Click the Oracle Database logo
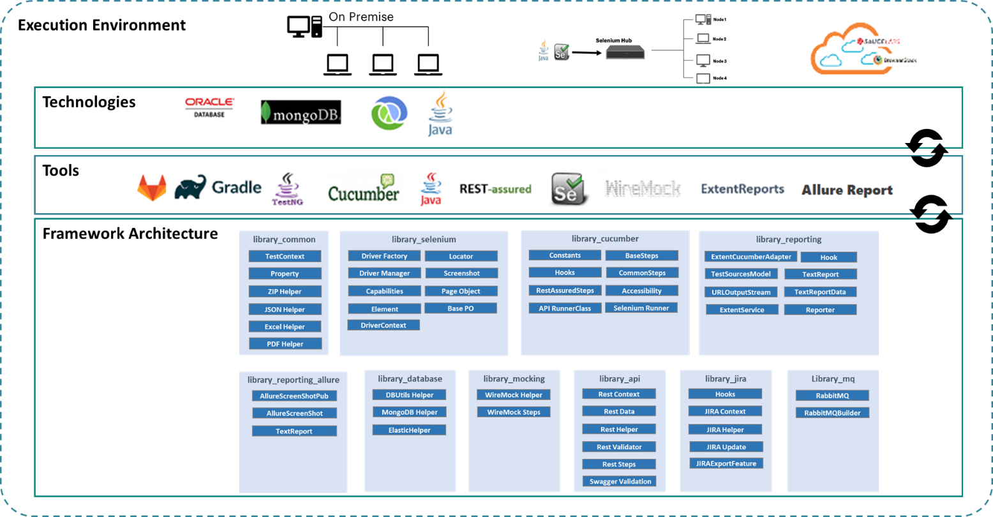(209, 107)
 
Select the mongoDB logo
(301, 113)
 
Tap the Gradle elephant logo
(218, 188)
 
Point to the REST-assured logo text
(495, 189)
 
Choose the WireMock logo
(643, 189)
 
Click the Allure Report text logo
(847, 190)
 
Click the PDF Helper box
(285, 344)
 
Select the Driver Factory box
(384, 256)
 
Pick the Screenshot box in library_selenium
(461, 273)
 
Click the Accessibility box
(641, 290)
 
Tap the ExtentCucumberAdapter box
(751, 257)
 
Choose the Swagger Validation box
(620, 481)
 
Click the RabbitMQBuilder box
(832, 413)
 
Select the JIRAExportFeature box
(726, 463)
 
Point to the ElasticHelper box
(409, 430)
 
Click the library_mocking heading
(514, 379)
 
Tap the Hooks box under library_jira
(725, 394)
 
